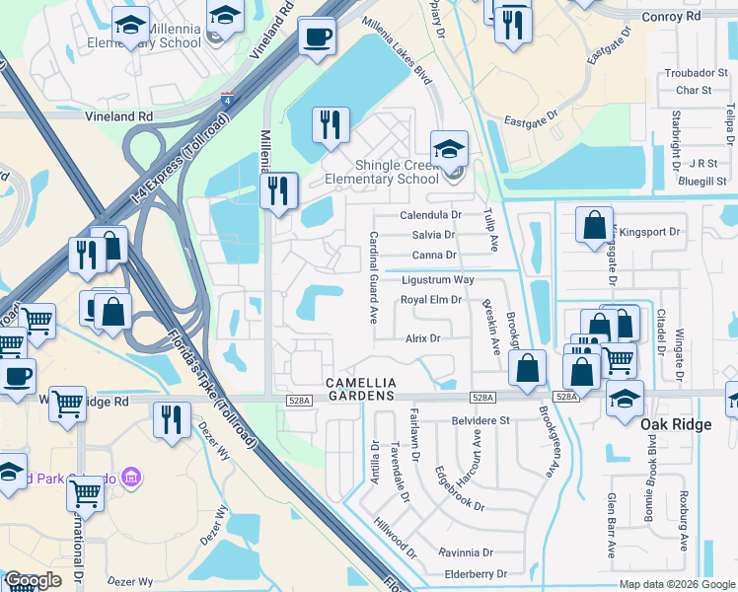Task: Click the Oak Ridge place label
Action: [675, 423]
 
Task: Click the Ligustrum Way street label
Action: [437, 280]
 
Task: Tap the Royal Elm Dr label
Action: [431, 300]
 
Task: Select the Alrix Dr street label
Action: [422, 337]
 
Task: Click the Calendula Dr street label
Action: [431, 215]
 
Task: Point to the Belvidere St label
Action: [477, 419]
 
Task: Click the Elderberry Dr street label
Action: [475, 572]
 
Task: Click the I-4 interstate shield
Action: [227, 99]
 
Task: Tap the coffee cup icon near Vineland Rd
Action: [316, 37]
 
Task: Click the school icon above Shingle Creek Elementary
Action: [449, 150]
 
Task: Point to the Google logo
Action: [33, 580]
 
